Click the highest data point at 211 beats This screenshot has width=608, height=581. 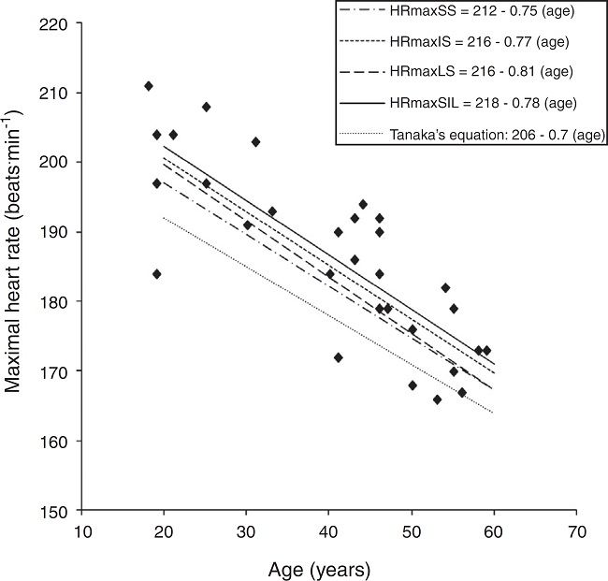tap(148, 86)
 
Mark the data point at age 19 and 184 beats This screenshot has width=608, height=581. tap(156, 274)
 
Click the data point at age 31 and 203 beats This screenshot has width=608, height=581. tap(255, 142)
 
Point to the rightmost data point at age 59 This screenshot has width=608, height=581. tap(486, 351)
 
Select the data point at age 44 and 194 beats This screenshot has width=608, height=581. tap(363, 204)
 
